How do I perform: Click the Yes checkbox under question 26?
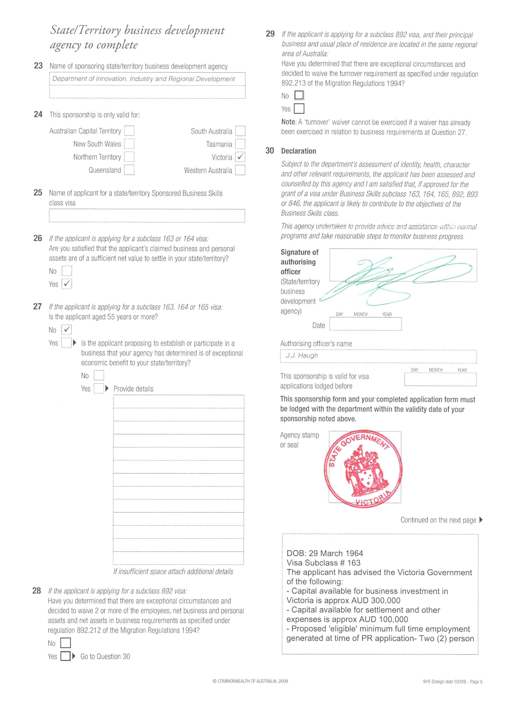(x=67, y=284)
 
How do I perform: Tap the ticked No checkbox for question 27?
(x=67, y=329)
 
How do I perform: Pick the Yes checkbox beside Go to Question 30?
(x=65, y=656)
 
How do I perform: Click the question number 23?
(x=38, y=66)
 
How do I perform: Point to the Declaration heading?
(x=298, y=151)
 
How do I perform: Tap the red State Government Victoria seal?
(x=363, y=468)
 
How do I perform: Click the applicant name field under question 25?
(x=147, y=216)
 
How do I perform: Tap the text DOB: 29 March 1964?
(x=325, y=553)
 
